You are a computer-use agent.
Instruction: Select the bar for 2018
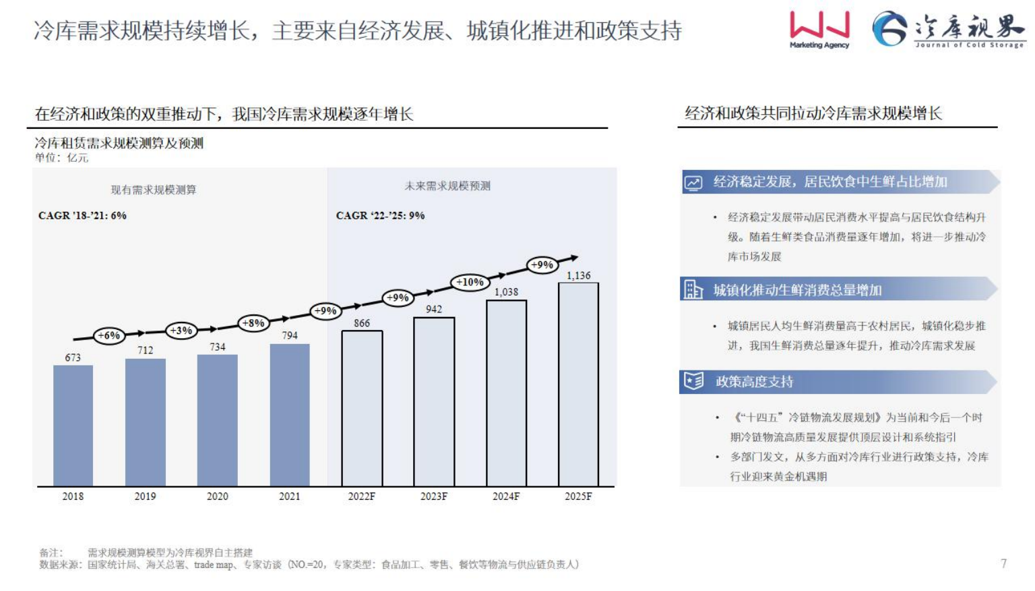[x=73, y=425]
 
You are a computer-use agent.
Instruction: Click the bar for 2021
[x=290, y=415]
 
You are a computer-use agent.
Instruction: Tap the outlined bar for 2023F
[x=434, y=401]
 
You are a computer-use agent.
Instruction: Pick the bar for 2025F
[x=578, y=385]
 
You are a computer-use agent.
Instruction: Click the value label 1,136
[x=578, y=275]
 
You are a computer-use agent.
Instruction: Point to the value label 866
[x=362, y=323]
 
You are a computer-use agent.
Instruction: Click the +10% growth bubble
[x=470, y=282]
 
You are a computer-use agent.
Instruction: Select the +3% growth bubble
[x=181, y=331]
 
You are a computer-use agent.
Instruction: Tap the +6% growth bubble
[x=108, y=335]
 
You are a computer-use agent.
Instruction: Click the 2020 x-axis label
[x=217, y=497]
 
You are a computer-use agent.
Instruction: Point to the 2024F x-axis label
[x=506, y=497]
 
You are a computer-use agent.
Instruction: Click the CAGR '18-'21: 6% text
[x=82, y=216]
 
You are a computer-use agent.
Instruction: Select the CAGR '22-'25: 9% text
[x=380, y=216]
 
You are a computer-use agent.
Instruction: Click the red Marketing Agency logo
[x=819, y=29]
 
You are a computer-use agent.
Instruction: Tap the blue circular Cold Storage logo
[x=889, y=29]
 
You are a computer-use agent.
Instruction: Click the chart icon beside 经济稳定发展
[x=693, y=183]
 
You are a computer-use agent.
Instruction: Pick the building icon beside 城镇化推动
[x=693, y=289]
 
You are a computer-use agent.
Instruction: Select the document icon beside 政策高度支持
[x=693, y=381]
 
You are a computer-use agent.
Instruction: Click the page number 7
[x=1004, y=563]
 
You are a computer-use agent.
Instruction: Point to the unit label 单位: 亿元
[x=61, y=158]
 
